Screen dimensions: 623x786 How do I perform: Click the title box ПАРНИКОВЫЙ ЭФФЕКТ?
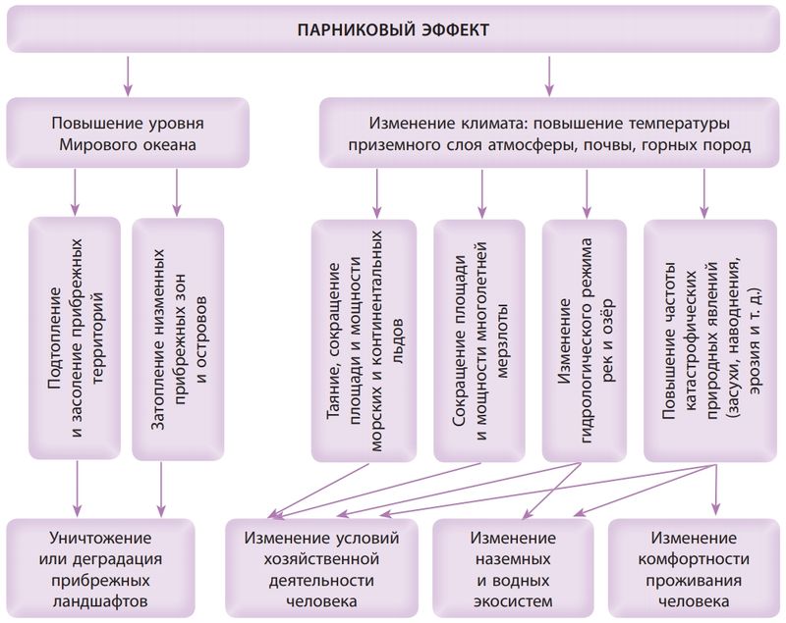[x=393, y=29]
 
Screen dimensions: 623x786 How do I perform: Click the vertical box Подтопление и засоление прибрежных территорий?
[x=76, y=338]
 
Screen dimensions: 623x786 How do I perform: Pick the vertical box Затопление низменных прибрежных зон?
[x=178, y=338]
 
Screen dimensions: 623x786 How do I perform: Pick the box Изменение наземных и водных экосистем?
[x=512, y=568]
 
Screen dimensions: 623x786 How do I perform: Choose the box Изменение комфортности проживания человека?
[x=695, y=568]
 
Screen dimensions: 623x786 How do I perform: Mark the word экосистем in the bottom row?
[x=512, y=599]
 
